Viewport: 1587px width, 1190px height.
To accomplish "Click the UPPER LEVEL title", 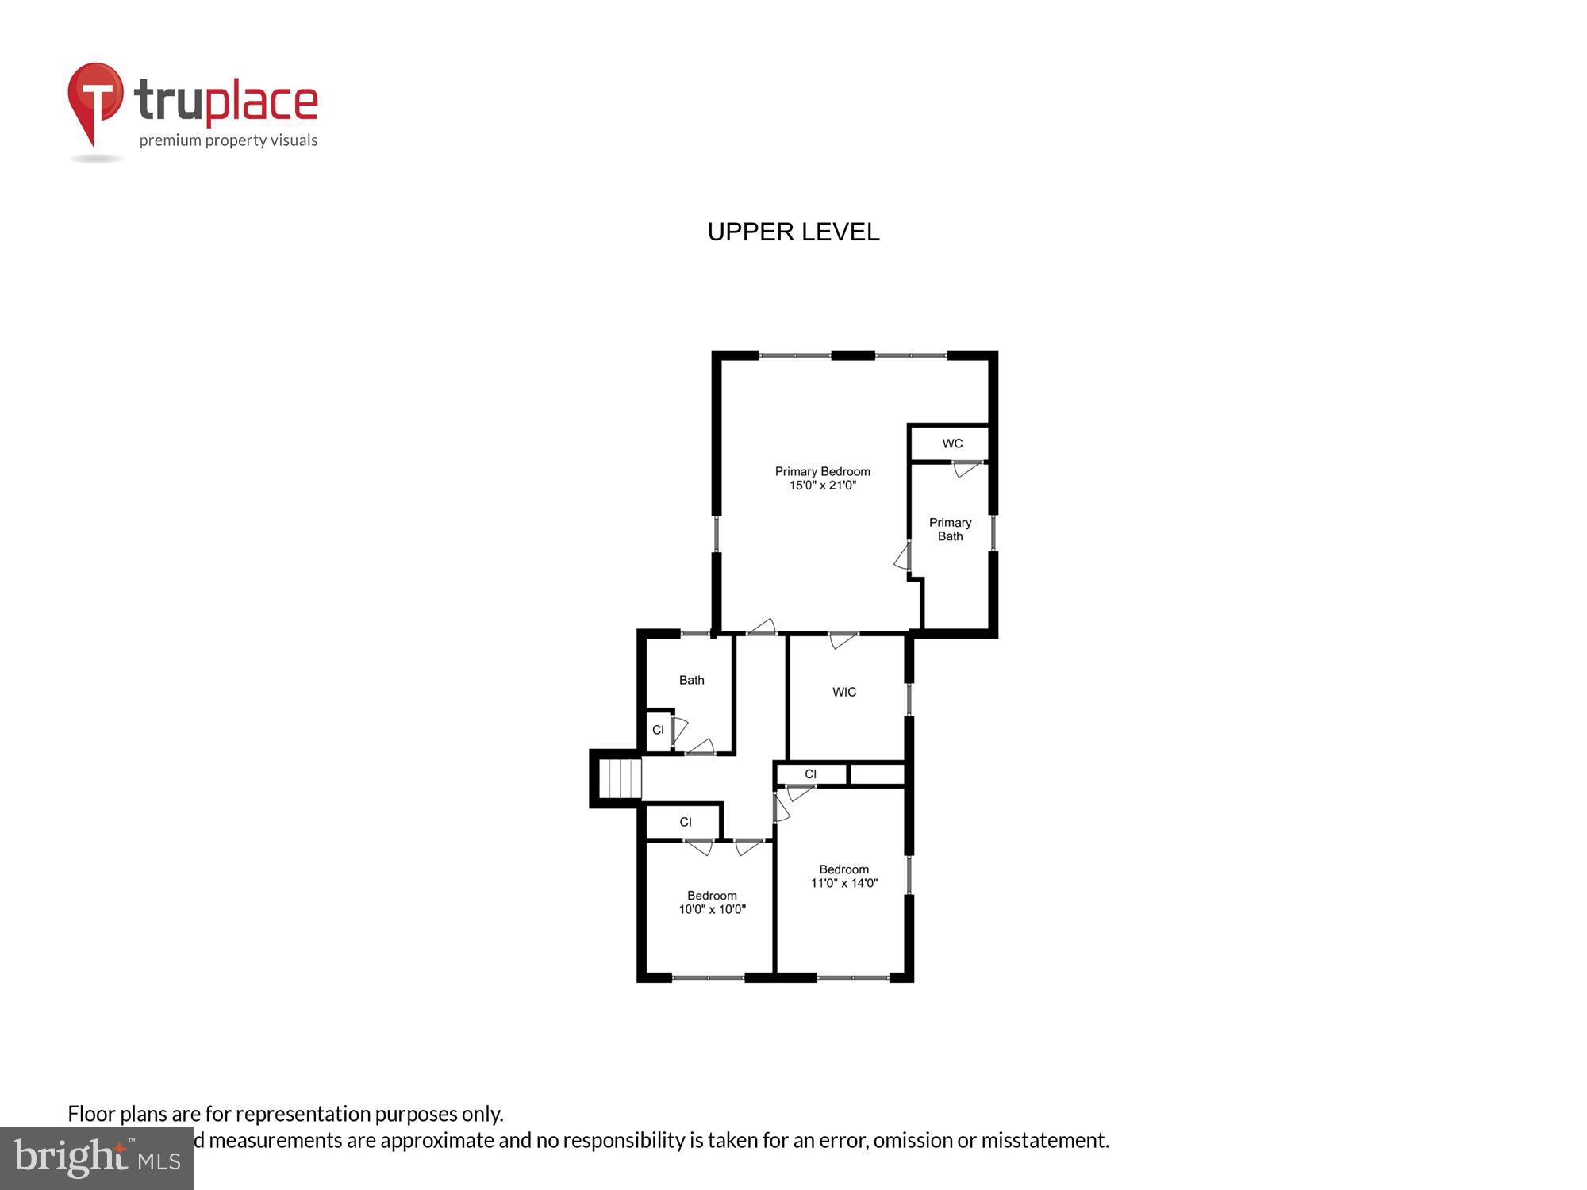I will click(x=793, y=232).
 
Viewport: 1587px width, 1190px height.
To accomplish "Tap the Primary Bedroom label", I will click(x=822, y=471).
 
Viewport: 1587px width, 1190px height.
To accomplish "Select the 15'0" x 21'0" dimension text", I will click(x=822, y=486).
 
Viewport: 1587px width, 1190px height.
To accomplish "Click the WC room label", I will click(x=952, y=443).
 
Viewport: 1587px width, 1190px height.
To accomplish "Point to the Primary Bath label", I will click(x=950, y=529).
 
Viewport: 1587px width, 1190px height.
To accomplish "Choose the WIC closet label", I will click(x=844, y=692).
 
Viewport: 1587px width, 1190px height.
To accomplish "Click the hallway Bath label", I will click(x=691, y=680).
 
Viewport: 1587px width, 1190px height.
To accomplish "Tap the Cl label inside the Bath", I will click(x=658, y=730).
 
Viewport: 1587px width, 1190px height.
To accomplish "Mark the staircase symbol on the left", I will click(x=619, y=778).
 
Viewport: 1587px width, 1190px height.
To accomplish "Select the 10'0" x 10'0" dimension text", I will click(x=712, y=909).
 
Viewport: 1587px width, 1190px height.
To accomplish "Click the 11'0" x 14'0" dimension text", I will click(x=843, y=883).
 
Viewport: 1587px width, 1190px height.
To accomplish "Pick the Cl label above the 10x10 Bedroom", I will click(x=686, y=822).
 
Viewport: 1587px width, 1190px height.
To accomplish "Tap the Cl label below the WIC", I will click(x=810, y=774).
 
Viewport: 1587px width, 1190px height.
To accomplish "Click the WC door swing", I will click(x=966, y=469).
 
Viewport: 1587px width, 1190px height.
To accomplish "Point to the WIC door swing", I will click(x=843, y=639).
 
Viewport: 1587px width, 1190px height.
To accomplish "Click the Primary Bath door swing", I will click(x=903, y=556).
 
